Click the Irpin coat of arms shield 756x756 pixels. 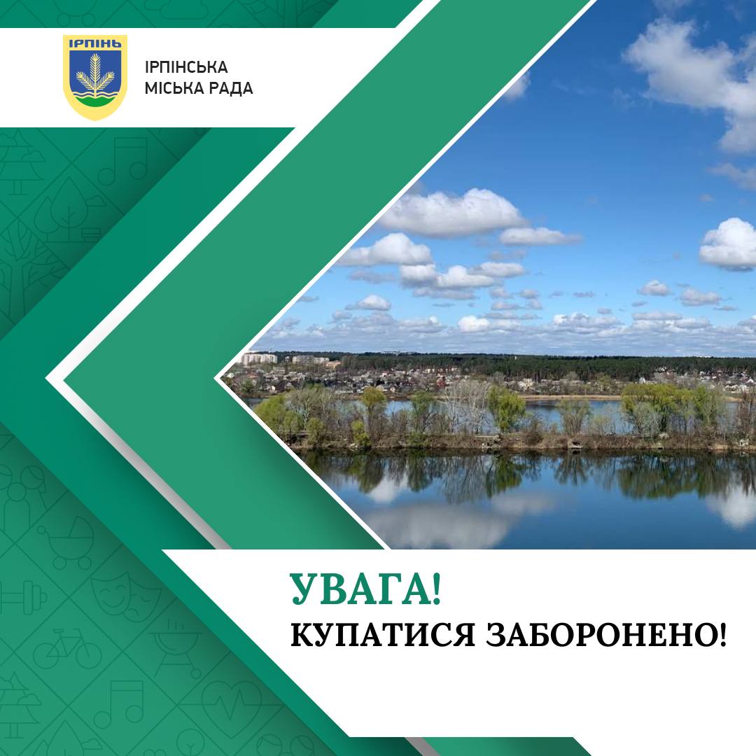coord(95,77)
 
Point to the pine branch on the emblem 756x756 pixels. coord(95,73)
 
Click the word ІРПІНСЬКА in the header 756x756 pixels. coord(186,66)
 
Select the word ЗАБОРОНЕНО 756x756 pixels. coord(601,634)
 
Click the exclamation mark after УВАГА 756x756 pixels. coord(436,589)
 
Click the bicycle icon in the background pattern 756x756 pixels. coord(67,648)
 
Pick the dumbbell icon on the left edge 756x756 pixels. coord(22,598)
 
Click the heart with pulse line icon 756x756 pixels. coord(232,704)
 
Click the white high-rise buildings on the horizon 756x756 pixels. coord(259,358)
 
